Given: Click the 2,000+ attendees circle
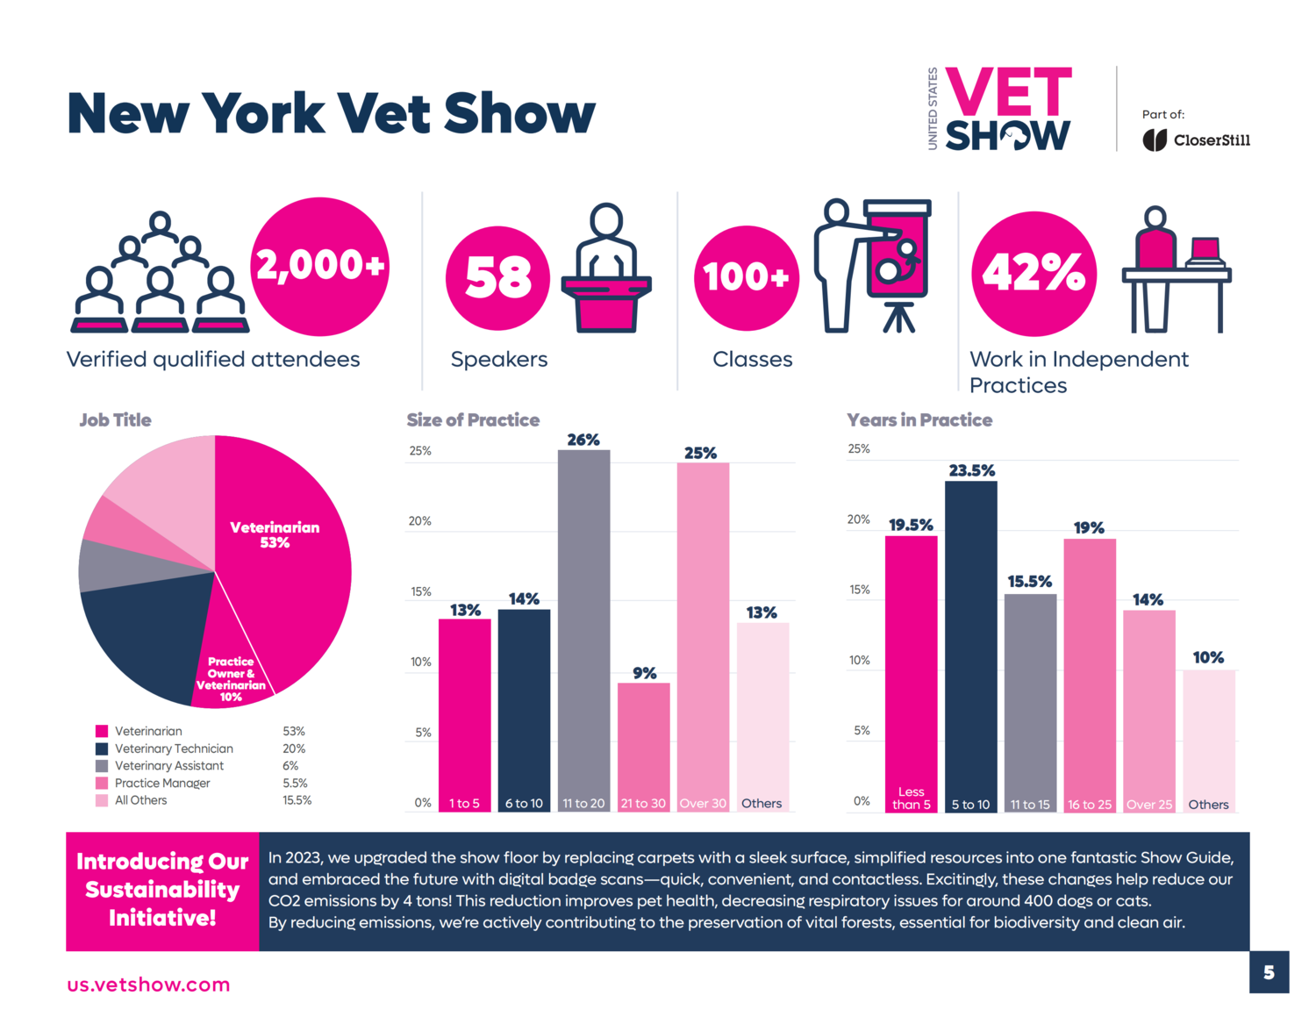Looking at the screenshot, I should tap(320, 266).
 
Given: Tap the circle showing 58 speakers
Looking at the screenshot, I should tap(497, 278).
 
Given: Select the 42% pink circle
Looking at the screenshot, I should tap(1033, 274).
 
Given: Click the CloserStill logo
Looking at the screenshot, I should tap(1196, 140).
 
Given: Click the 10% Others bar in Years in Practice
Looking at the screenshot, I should tap(1208, 737).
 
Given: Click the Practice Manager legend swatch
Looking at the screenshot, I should tap(102, 783).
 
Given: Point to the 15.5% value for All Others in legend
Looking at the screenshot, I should tap(297, 800).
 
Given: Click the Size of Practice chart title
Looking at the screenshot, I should tap(473, 420).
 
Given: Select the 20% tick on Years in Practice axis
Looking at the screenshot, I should tap(858, 519).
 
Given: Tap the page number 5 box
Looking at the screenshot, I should tap(1269, 972).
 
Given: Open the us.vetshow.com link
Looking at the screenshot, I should tap(148, 985).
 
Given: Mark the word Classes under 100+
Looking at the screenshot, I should tap(752, 359).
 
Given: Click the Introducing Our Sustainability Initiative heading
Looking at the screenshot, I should tap(162, 890).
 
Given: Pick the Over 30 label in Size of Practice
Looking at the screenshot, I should tap(703, 803).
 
